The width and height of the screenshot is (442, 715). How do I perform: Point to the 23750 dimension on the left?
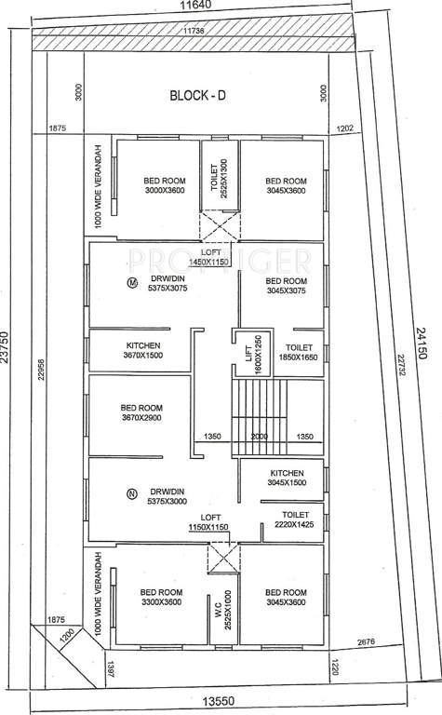[7, 349]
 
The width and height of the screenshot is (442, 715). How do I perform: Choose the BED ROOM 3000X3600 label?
[164, 186]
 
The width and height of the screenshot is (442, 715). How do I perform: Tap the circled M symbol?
[132, 281]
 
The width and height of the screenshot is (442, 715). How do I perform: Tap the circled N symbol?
[131, 492]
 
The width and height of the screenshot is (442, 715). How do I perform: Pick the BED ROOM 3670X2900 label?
[141, 413]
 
